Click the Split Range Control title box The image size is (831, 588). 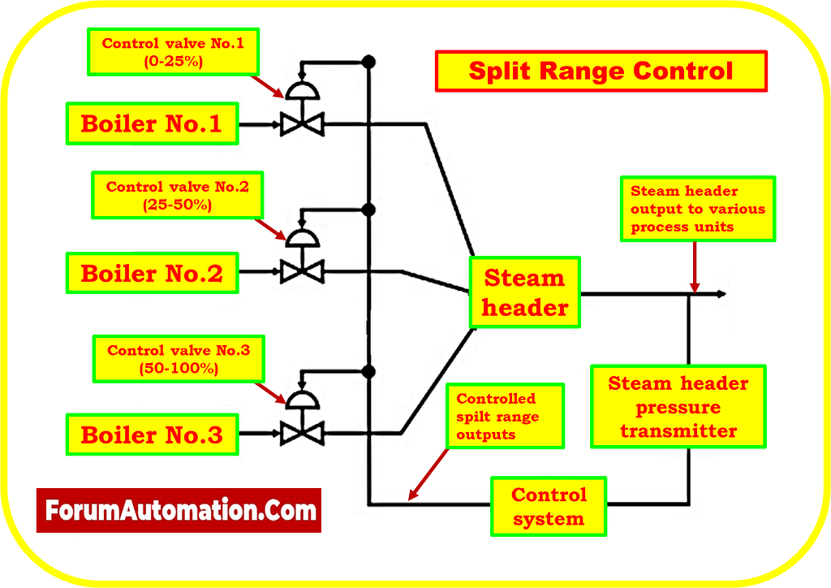click(601, 71)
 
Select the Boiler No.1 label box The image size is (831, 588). click(151, 124)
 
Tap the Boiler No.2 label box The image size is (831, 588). click(151, 273)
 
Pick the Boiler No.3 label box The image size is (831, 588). click(151, 435)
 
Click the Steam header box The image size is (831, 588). click(524, 292)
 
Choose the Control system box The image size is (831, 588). click(549, 506)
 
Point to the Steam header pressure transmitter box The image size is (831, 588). click(678, 406)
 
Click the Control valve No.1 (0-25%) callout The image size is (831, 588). click(173, 51)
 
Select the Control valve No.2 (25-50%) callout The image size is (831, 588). click(178, 196)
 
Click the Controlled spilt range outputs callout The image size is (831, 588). click(504, 417)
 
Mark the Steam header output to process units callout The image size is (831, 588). click(698, 209)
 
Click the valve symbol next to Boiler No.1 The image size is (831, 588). click(302, 124)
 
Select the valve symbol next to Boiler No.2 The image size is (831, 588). click(302, 271)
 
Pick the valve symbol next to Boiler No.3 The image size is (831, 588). click(302, 434)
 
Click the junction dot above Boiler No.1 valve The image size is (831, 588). click(368, 61)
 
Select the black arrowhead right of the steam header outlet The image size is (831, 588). click(721, 294)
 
